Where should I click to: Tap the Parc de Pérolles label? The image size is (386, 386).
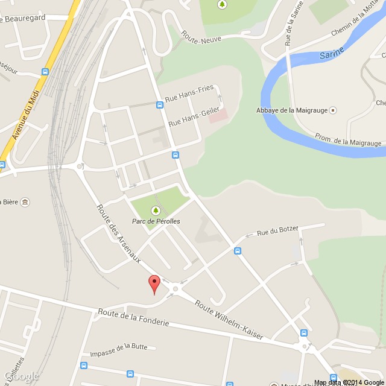pyautogui.click(x=156, y=221)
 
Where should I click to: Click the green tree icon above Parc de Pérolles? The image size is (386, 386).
pyautogui.click(x=156, y=210)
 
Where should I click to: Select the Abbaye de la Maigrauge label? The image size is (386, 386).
pyautogui.click(x=292, y=110)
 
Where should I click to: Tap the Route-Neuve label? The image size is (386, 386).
pyautogui.click(x=204, y=39)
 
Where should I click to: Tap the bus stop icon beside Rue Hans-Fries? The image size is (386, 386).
pyautogui.click(x=159, y=104)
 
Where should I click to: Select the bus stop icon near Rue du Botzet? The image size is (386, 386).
pyautogui.click(x=238, y=251)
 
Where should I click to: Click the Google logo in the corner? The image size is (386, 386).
pyautogui.click(x=21, y=376)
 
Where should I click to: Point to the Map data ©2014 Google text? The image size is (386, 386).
pyautogui.click(x=349, y=382)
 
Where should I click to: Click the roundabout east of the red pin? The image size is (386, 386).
pyautogui.click(x=176, y=289)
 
